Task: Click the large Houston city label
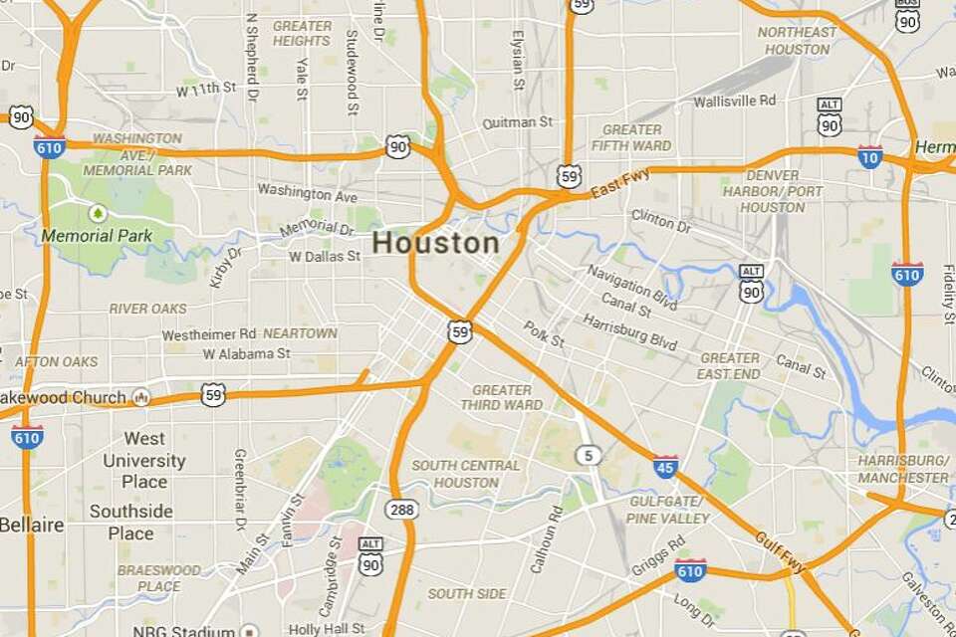point(436,244)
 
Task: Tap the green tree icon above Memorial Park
point(98,212)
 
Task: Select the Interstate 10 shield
point(869,156)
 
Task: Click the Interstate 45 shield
point(666,465)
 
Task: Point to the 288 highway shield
point(402,508)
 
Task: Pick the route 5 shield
point(589,455)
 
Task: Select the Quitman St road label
point(516,122)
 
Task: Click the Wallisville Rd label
point(734,101)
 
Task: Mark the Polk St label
point(544,333)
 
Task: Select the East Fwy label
point(619,182)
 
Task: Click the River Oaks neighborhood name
point(147,309)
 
